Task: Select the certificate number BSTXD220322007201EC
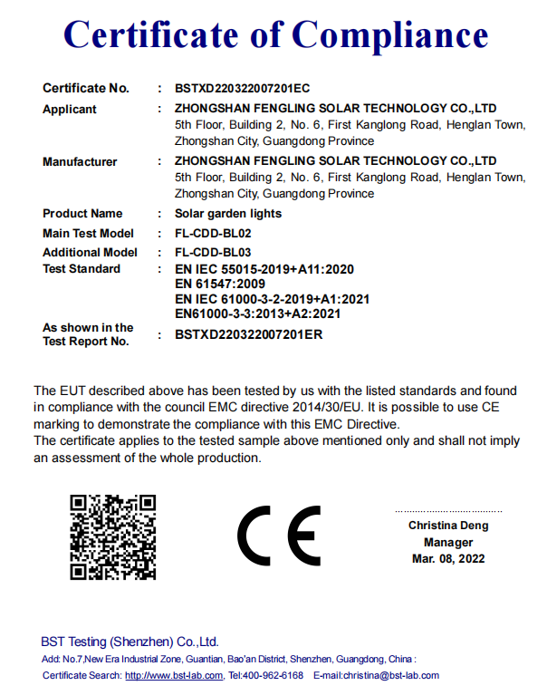(242, 89)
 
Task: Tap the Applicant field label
(70, 110)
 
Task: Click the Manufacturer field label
(80, 162)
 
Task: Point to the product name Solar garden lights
(228, 214)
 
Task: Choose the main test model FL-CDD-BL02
(213, 234)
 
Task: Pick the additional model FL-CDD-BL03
(213, 253)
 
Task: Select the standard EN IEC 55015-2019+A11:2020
(264, 269)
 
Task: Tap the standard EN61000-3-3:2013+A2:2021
(257, 314)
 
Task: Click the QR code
(113, 536)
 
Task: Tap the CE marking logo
(279, 536)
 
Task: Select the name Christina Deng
(448, 526)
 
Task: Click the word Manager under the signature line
(448, 542)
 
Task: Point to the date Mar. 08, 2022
(448, 558)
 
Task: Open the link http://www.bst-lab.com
(174, 675)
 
